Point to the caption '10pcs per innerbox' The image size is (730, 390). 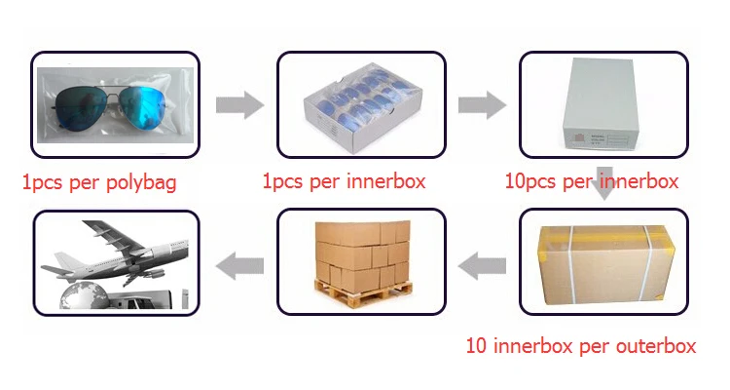coord(592,181)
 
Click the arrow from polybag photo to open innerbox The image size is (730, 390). coord(238,104)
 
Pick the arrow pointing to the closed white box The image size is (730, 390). coord(482,104)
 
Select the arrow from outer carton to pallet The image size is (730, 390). coord(482,263)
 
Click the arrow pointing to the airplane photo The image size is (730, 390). coord(238,263)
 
